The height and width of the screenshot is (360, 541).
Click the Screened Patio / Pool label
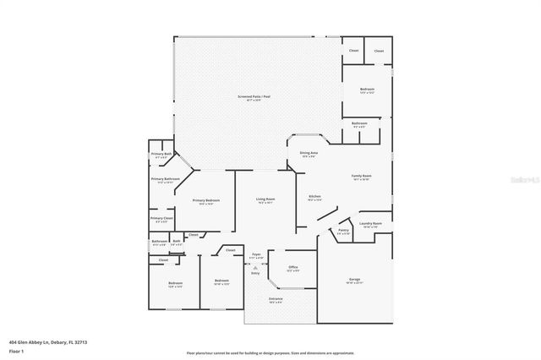[253, 98]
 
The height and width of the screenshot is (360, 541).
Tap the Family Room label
[362, 177]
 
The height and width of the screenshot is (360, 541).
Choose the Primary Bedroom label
[205, 201]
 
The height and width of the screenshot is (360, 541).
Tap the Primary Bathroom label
[166, 180]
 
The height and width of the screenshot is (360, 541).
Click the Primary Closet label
[161, 219]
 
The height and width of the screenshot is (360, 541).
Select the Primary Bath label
[161, 155]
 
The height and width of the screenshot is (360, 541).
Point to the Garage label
[354, 281]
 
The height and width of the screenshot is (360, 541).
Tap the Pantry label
[344, 231]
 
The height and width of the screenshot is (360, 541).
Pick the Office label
[292, 268]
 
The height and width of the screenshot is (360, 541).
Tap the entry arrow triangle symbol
[255, 267]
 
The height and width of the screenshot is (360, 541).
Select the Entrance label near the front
[276, 300]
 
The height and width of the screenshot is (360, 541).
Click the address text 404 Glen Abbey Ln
[47, 342]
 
